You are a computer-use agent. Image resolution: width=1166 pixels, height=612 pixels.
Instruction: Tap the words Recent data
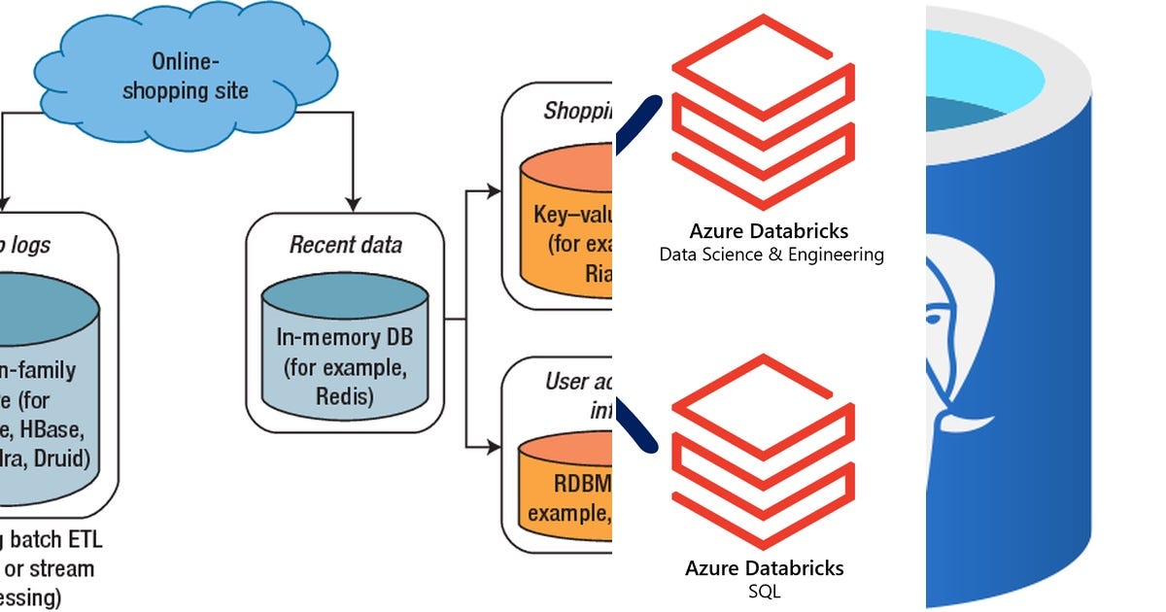click(346, 244)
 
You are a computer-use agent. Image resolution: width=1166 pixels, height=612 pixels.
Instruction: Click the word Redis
click(344, 394)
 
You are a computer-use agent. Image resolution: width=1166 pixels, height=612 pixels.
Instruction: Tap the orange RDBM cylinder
click(568, 486)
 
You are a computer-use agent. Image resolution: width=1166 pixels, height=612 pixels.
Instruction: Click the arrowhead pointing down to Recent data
click(352, 201)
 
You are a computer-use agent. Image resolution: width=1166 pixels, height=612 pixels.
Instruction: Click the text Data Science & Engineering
click(772, 255)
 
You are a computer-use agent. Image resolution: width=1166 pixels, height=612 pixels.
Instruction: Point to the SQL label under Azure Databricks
click(766, 591)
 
